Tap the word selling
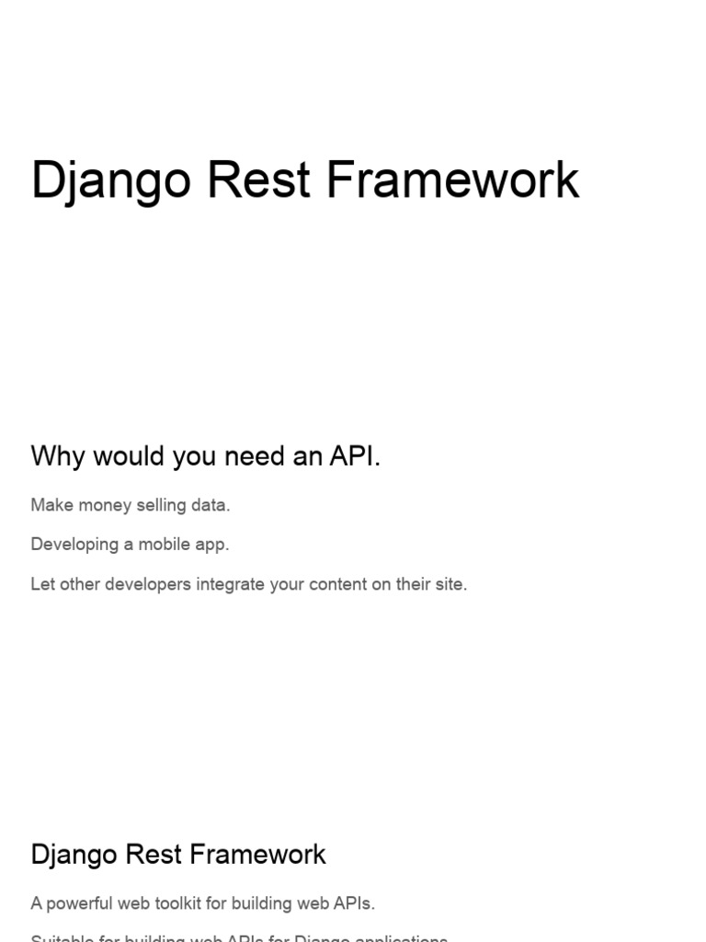coord(159,505)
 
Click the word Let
coord(42,584)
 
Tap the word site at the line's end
coord(450,584)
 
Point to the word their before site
coord(407,584)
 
